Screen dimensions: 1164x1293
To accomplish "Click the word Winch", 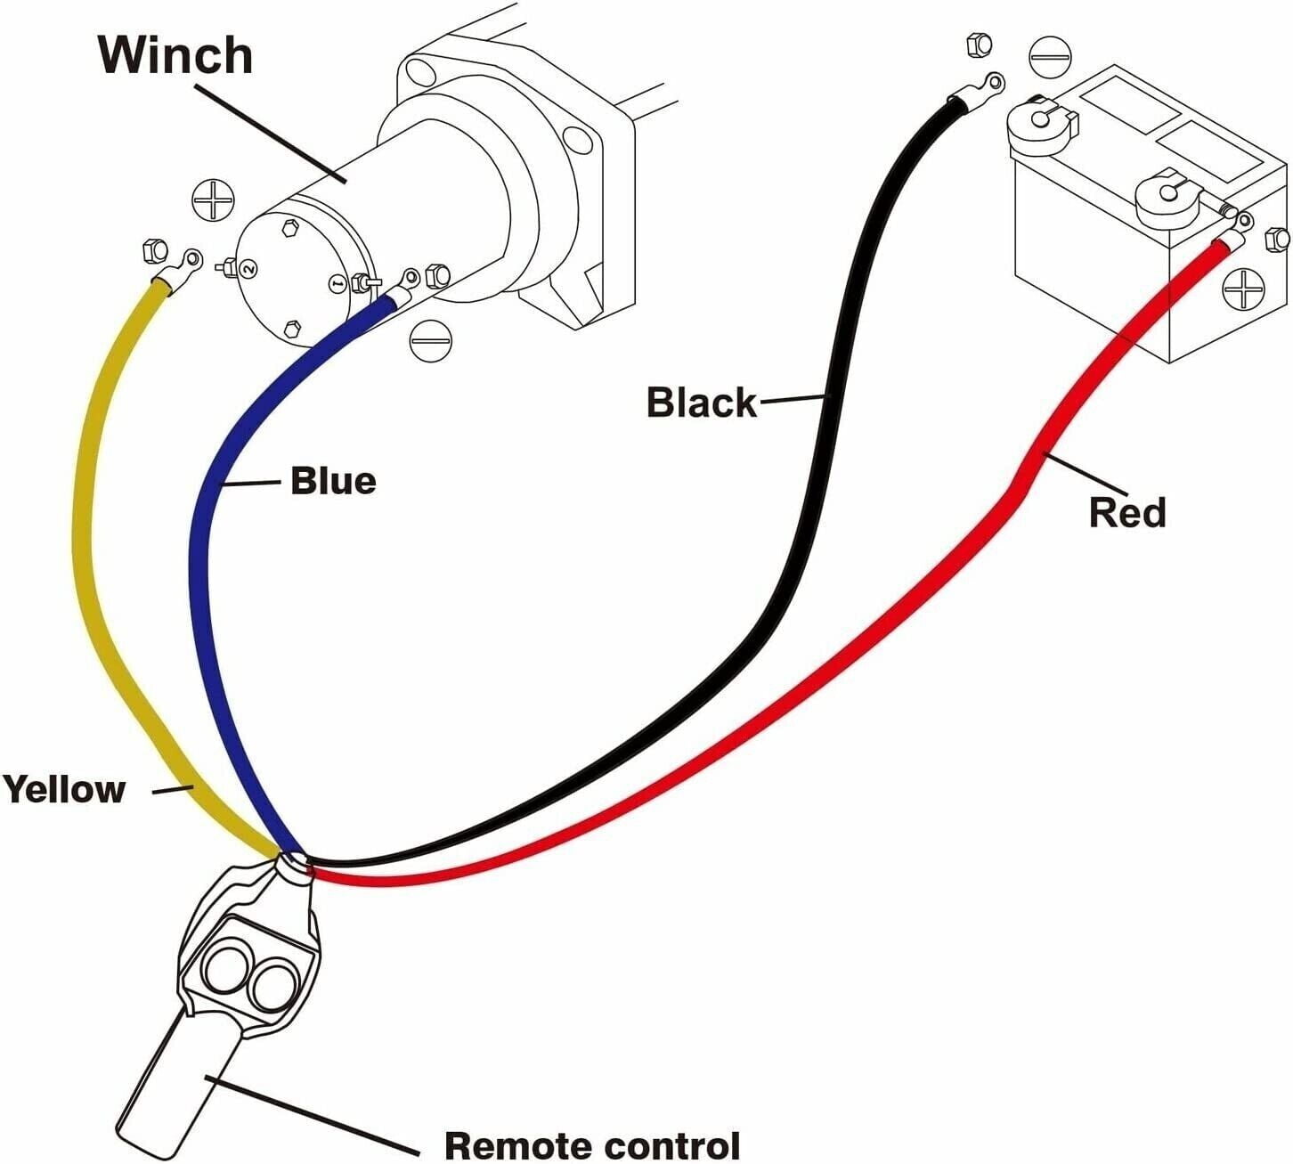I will coord(175,54).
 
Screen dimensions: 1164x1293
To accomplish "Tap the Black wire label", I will coord(701,403).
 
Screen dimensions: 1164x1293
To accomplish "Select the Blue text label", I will coord(333,481).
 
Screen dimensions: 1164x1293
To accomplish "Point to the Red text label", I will coord(1126,513).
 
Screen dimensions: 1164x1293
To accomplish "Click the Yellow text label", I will coord(63,789).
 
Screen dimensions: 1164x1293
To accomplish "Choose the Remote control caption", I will coord(591,1144).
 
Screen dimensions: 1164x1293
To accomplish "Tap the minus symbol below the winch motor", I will coord(431,340).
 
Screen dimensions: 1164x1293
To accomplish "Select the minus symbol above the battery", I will coord(1051,56).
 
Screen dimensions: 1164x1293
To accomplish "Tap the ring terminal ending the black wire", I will coord(980,87).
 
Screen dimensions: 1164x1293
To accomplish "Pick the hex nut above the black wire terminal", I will coord(978,44).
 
